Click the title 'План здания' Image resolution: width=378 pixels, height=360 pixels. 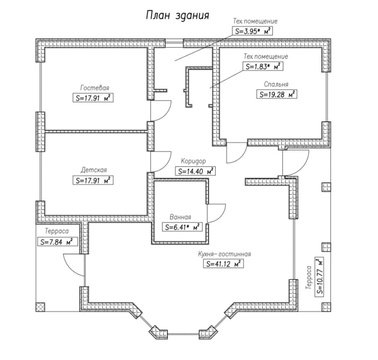(x=178, y=16)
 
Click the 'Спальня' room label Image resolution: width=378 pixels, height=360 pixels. (x=276, y=84)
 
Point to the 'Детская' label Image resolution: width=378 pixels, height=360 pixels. (x=94, y=170)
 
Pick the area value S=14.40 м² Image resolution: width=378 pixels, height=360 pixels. (x=195, y=171)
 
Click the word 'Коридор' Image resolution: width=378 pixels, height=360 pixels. (x=193, y=161)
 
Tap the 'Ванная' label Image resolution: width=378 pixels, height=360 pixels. (x=181, y=217)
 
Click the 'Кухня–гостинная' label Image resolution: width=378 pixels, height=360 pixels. (x=224, y=254)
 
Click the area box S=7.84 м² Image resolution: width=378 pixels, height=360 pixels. (x=56, y=242)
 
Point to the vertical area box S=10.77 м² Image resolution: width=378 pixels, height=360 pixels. (x=319, y=277)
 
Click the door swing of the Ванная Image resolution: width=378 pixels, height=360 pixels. (x=215, y=211)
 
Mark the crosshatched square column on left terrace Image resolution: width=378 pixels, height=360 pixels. (x=40, y=307)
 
